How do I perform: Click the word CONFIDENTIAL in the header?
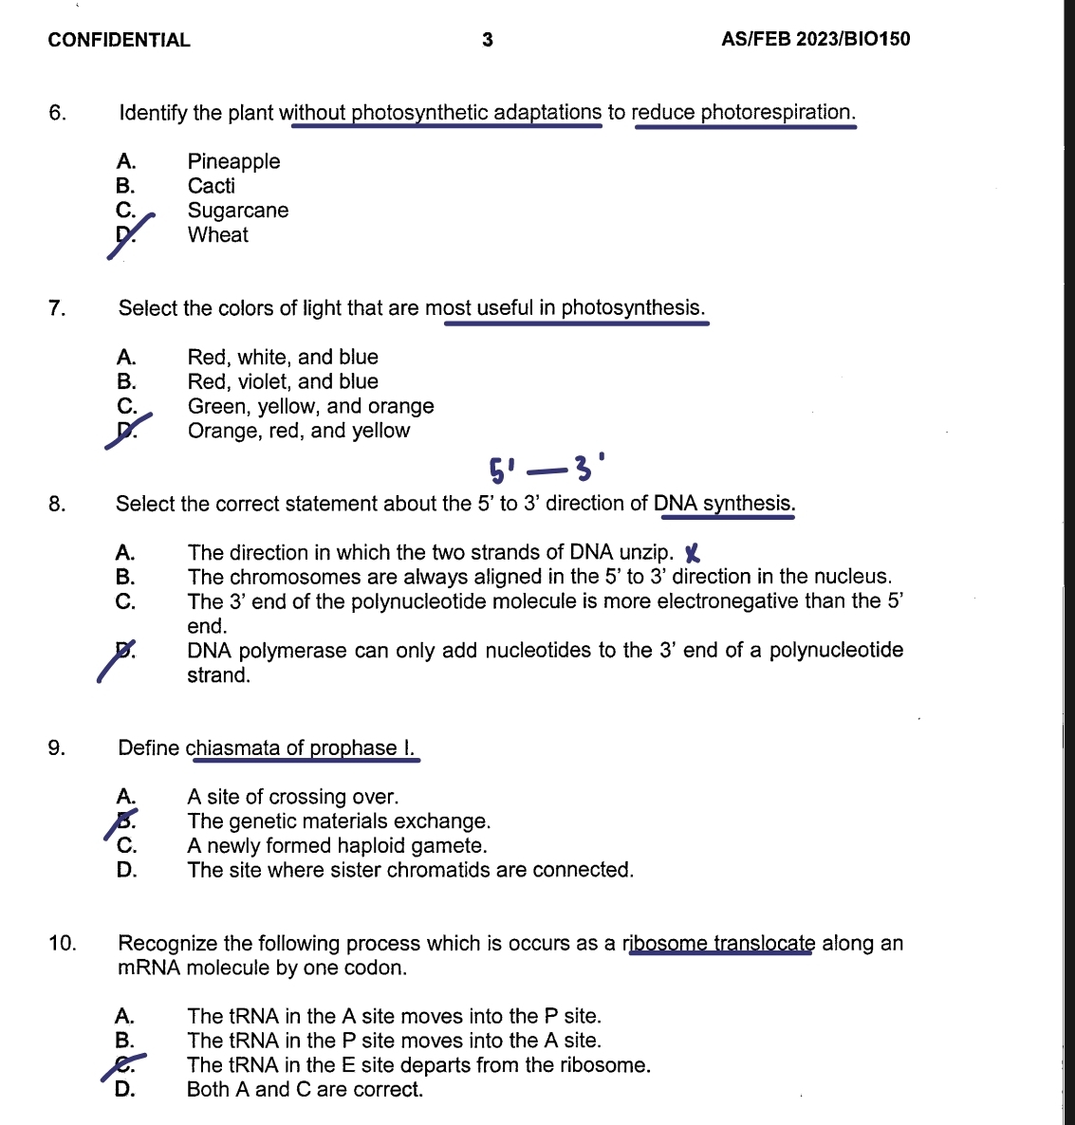pyautogui.click(x=119, y=40)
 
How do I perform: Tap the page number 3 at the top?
pyautogui.click(x=488, y=40)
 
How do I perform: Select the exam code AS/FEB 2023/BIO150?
pyautogui.click(x=815, y=39)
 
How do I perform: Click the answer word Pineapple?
pyautogui.click(x=233, y=161)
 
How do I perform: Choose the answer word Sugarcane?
pyautogui.click(x=237, y=211)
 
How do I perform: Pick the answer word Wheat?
pyautogui.click(x=217, y=235)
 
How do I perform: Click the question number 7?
pyautogui.click(x=57, y=308)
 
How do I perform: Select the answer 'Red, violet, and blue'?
pyautogui.click(x=283, y=381)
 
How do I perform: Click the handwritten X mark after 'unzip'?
pyautogui.click(x=693, y=553)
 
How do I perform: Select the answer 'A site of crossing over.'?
pyautogui.click(x=292, y=797)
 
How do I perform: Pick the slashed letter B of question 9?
pyautogui.click(x=125, y=821)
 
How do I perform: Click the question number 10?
pyautogui.click(x=62, y=944)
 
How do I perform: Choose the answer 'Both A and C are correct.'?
pyautogui.click(x=305, y=1090)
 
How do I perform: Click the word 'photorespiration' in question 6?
pyautogui.click(x=775, y=113)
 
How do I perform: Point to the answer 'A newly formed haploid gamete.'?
pyautogui.click(x=337, y=846)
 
